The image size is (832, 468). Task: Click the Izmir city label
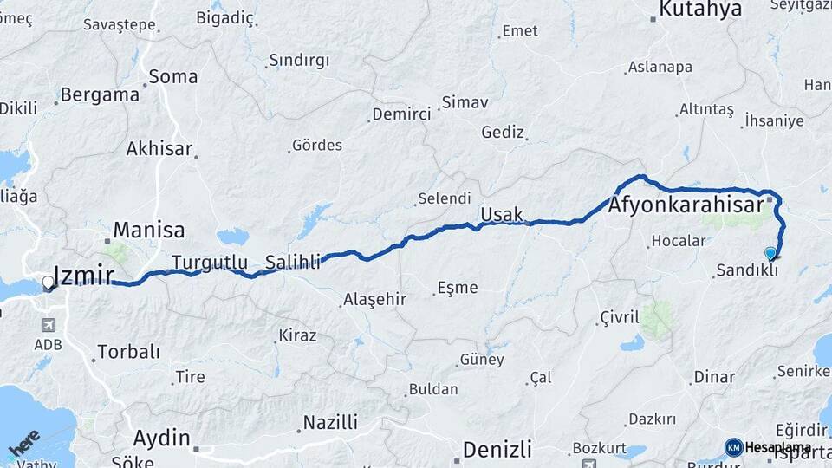(84, 276)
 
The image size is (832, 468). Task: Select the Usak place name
(502, 213)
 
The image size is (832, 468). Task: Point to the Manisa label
(149, 231)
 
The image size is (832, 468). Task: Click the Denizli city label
(497, 450)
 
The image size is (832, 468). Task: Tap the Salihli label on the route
(293, 261)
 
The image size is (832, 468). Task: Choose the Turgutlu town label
(210, 262)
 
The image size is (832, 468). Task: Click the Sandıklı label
(746, 270)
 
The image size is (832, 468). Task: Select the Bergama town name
(101, 95)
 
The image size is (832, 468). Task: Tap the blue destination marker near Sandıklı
(770, 253)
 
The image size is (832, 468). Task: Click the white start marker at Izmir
(48, 283)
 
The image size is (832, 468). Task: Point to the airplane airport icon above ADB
(46, 325)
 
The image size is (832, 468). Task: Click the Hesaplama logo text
(778, 447)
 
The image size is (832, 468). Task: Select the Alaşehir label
(374, 299)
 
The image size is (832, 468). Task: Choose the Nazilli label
(329, 423)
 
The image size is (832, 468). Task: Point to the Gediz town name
(503, 133)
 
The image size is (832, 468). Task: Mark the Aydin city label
(161, 438)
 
